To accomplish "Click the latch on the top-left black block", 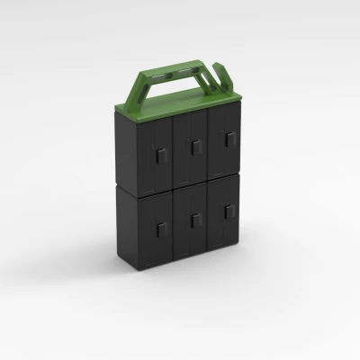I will click(x=159, y=157).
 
